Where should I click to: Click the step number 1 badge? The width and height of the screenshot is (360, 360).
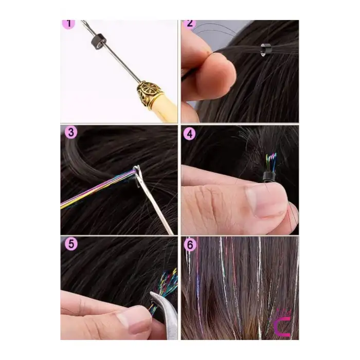click(68, 24)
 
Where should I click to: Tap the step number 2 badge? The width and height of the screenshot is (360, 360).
click(189, 24)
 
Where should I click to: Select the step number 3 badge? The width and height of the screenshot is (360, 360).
click(71, 133)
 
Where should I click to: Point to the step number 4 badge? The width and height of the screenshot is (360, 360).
click(190, 134)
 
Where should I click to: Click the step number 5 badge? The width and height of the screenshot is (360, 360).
click(71, 244)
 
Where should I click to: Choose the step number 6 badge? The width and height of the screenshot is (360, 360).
click(190, 245)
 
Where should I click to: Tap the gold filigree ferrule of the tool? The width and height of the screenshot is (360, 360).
click(148, 94)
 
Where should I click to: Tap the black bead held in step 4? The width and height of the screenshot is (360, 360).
click(268, 177)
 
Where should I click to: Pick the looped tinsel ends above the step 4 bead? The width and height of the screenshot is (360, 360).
click(271, 163)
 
